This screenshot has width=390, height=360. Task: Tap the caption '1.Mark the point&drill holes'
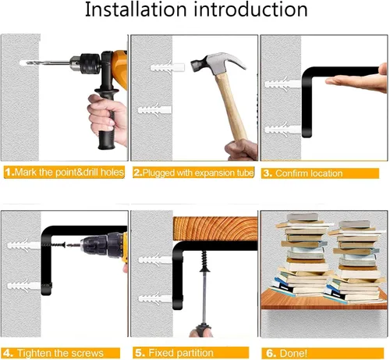(64, 173)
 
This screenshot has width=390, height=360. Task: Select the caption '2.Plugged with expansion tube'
(193, 173)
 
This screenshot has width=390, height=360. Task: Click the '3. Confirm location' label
(303, 173)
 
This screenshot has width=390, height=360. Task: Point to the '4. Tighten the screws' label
(54, 353)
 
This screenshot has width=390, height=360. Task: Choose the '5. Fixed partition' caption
(174, 353)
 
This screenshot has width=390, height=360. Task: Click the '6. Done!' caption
(286, 353)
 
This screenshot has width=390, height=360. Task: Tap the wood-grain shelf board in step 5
(215, 229)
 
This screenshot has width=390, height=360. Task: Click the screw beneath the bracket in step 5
(204, 261)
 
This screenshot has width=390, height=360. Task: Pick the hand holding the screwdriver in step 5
(200, 333)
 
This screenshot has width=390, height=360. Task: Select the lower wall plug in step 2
(154, 109)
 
